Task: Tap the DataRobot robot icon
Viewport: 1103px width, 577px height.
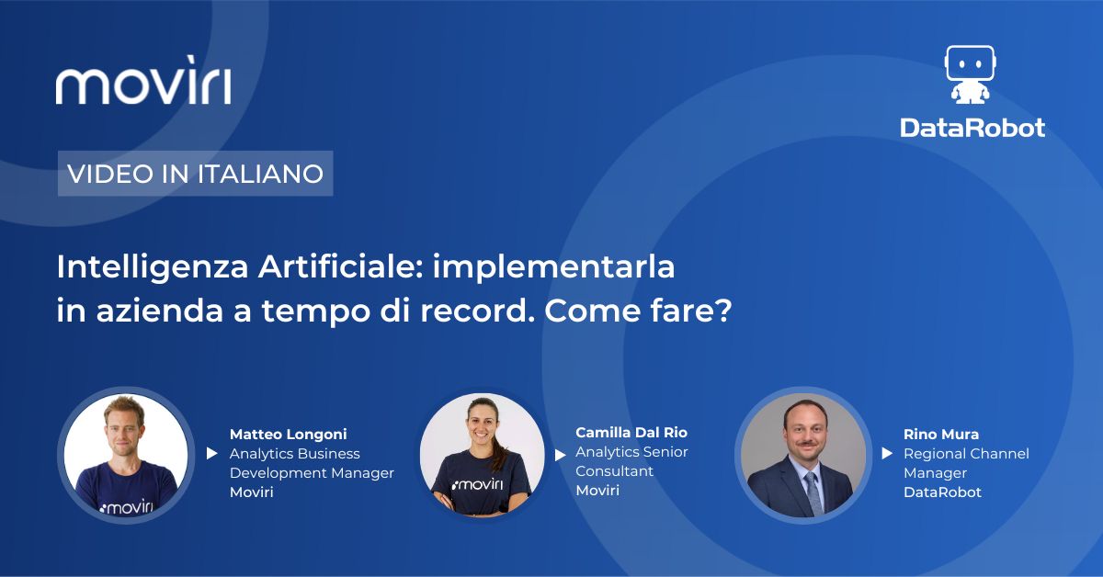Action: (970, 74)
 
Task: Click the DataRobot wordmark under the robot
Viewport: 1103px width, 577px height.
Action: (972, 128)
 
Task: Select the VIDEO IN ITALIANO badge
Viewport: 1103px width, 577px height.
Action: (196, 174)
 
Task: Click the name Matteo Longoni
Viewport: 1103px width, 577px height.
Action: (288, 435)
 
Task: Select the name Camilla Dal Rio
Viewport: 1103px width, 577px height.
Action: (631, 432)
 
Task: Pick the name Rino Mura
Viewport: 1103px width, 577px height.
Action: (941, 435)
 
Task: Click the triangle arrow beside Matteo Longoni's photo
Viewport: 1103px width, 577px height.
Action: (211, 453)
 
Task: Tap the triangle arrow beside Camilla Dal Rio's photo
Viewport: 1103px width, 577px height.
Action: (560, 455)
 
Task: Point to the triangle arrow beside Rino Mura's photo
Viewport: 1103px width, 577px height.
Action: (887, 453)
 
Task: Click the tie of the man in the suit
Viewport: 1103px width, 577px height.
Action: (813, 493)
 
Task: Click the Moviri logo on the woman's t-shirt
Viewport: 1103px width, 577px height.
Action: (477, 485)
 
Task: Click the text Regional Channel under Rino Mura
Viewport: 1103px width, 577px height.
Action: (966, 454)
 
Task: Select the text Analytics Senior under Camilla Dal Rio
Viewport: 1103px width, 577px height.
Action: (631, 451)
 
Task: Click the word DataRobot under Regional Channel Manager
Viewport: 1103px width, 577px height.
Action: (942, 492)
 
